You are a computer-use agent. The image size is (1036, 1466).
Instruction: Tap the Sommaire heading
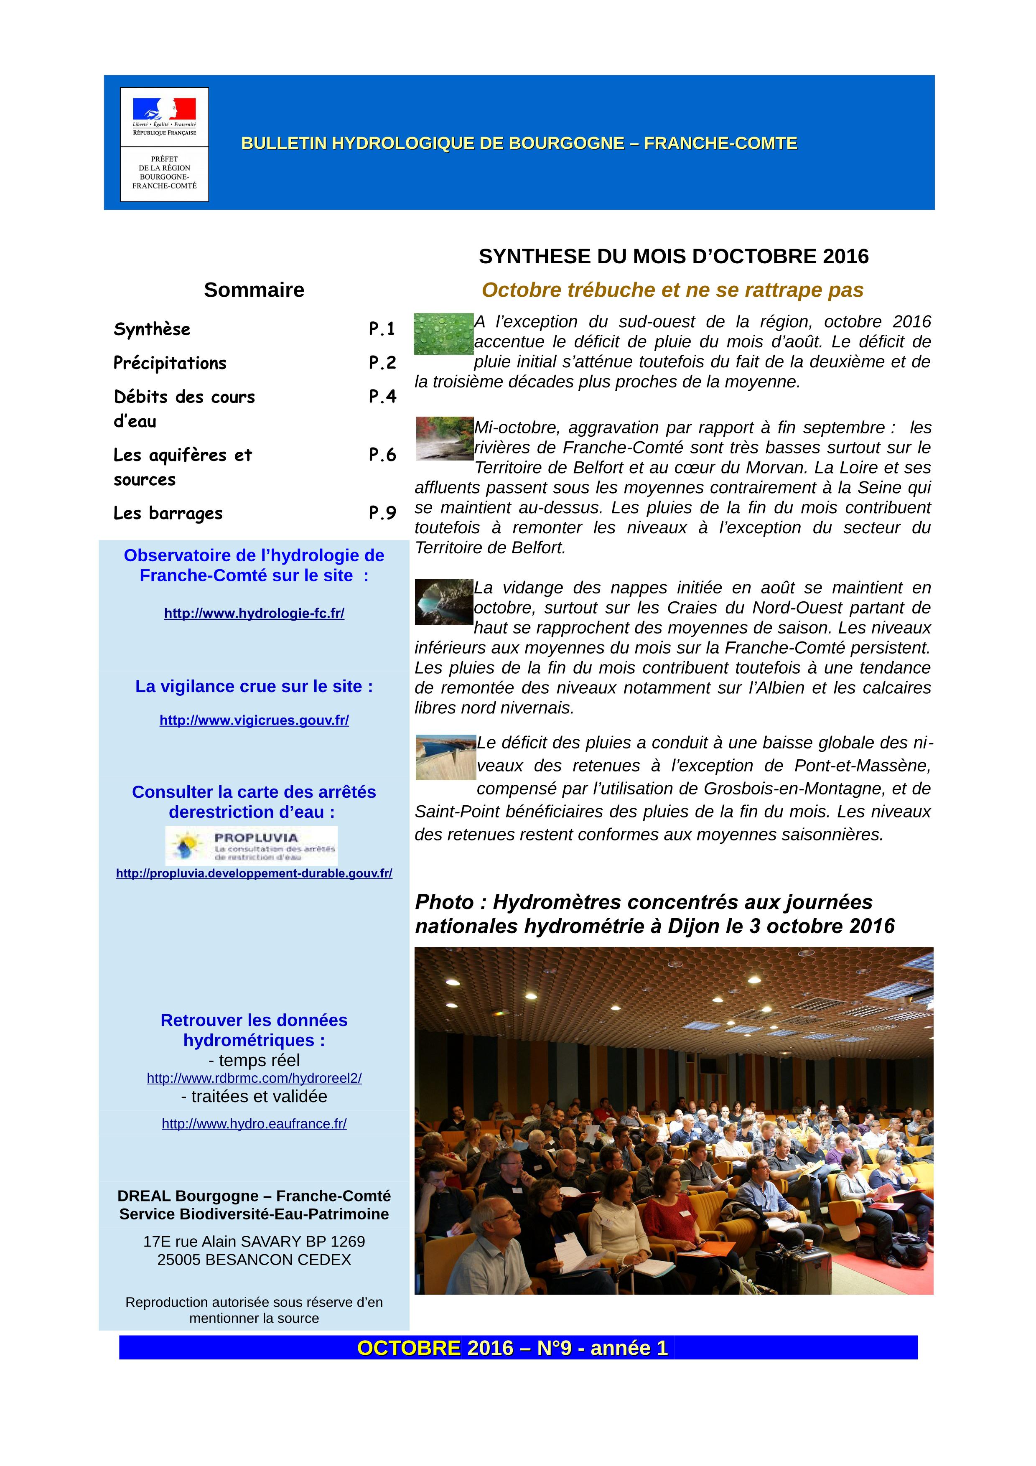[x=254, y=290]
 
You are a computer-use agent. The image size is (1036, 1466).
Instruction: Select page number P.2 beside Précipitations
[x=382, y=363]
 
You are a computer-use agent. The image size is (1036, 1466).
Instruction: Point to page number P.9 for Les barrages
[x=382, y=513]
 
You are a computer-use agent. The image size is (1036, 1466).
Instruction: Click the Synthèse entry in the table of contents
[x=152, y=329]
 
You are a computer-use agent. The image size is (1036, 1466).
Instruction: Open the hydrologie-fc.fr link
[x=254, y=613]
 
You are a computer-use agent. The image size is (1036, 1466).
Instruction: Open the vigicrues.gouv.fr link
[x=254, y=720]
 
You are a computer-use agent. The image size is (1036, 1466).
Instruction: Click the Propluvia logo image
[x=252, y=845]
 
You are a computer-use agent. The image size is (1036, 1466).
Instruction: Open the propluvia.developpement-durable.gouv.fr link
[x=254, y=873]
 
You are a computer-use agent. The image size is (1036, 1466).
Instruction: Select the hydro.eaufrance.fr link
[x=254, y=1124]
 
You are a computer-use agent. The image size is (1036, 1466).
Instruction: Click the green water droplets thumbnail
[x=444, y=334]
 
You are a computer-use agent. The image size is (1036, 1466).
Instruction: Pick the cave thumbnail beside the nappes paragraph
[x=444, y=601]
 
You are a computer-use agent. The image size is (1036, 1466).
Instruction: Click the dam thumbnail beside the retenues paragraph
[x=445, y=757]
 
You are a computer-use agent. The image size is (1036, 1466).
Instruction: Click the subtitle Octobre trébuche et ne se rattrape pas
[x=672, y=290]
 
